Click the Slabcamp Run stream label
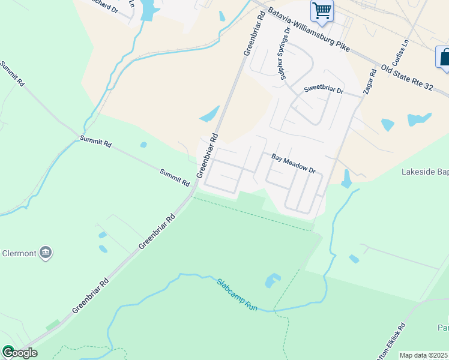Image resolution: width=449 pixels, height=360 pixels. tap(238, 294)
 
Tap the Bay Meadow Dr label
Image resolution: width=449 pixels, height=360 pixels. tap(294, 163)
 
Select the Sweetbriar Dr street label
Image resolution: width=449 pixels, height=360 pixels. tap(323, 90)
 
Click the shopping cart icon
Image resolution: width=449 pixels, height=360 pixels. tap(322, 11)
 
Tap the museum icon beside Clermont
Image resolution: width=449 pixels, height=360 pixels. tap(46, 253)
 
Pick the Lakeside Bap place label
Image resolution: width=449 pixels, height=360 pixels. tap(424, 172)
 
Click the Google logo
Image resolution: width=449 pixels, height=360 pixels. tap(19, 352)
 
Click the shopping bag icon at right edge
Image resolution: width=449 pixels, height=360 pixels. tap(444, 58)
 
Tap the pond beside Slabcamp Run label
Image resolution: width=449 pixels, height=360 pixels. tap(273, 280)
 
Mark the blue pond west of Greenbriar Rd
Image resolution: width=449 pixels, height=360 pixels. tap(209, 113)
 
